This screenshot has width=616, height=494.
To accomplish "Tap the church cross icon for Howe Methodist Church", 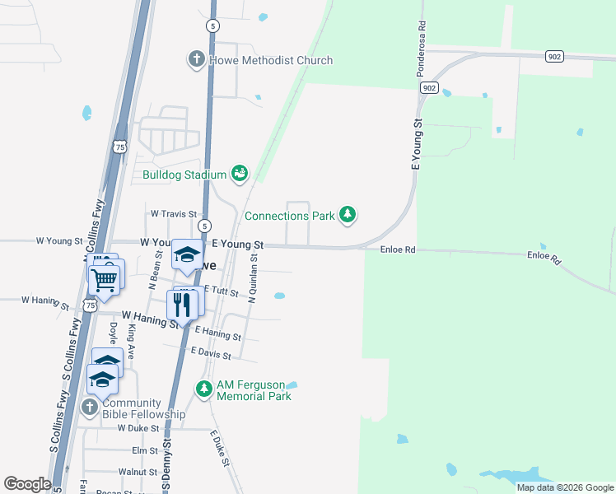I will (196, 59).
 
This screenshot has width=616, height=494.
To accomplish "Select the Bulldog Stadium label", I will (184, 175).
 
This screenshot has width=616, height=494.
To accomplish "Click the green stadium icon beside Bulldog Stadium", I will (239, 173).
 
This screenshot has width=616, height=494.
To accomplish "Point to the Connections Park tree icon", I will (348, 215).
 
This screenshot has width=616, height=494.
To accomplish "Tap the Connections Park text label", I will (290, 216).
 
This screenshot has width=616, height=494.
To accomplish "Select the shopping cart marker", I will (104, 280).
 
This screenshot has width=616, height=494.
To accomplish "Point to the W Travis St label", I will (174, 213).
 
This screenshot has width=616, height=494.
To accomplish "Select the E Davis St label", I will (211, 352).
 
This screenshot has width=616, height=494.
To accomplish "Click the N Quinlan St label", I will (254, 278).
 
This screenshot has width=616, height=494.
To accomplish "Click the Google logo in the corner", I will (28, 484).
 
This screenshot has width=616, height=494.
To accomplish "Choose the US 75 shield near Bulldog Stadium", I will (119, 147).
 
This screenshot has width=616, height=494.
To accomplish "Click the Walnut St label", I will (138, 472).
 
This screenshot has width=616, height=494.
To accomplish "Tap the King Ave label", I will (131, 339).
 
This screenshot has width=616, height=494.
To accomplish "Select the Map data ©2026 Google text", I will (564, 487).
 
